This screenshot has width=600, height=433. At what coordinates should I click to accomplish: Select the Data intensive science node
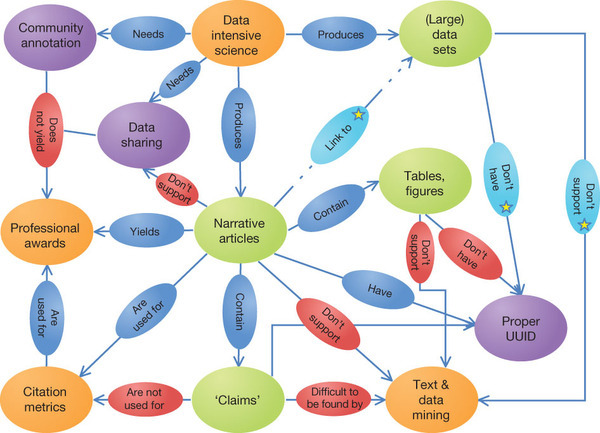tap(238, 34)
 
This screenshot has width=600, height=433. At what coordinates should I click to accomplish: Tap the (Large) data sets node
tap(445, 34)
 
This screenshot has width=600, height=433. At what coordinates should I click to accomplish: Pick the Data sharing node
tap(143, 135)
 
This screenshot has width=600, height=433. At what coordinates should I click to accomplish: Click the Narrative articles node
tap(240, 230)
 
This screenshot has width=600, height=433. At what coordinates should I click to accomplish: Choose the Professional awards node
tap(46, 232)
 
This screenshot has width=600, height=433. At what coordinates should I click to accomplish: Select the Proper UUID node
tap(520, 328)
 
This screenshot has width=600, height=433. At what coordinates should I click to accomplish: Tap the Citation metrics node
tap(46, 399)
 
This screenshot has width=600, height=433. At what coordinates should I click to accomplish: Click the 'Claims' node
tap(238, 400)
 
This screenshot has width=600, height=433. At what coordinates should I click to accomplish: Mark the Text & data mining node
tap(432, 399)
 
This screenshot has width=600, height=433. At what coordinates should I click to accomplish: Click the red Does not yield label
tap(46, 130)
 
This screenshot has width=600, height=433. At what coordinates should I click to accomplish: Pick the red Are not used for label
tap(145, 399)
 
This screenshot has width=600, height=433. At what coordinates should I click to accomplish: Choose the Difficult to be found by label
tap(334, 398)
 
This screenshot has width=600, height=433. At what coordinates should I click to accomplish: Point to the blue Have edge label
tap(378, 290)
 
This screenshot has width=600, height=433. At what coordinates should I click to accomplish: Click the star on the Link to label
tap(359, 114)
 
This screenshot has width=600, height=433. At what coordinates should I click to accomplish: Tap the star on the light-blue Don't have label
tap(506, 207)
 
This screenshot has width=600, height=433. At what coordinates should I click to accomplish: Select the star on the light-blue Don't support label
tap(584, 225)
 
